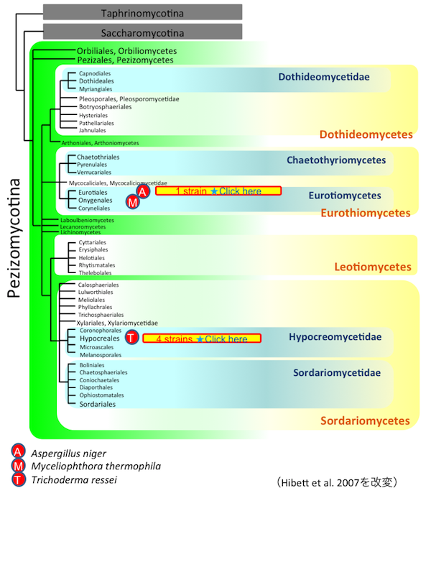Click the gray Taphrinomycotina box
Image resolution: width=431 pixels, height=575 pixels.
coord(142,12)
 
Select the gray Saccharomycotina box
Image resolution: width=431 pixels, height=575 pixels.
coord(142,32)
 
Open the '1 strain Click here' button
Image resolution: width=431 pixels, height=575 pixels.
coord(218,191)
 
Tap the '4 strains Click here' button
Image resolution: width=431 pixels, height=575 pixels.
coord(201,339)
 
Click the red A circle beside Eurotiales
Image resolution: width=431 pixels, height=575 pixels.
coord(143,192)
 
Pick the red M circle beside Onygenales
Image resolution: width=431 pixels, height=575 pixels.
coord(132,203)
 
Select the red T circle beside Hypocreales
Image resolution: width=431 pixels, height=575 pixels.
coord(132,338)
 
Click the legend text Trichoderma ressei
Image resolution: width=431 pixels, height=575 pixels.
coord(73,480)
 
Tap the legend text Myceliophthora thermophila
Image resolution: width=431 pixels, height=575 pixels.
coord(96,466)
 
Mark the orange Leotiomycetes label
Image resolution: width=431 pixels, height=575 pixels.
coord(373,267)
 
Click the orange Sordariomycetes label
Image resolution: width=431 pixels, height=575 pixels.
coord(365,421)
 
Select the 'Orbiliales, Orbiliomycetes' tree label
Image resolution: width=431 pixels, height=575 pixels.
coord(126,51)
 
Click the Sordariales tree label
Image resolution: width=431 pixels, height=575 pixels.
coord(97,405)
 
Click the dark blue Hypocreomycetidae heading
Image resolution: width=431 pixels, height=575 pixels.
coord(335,336)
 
